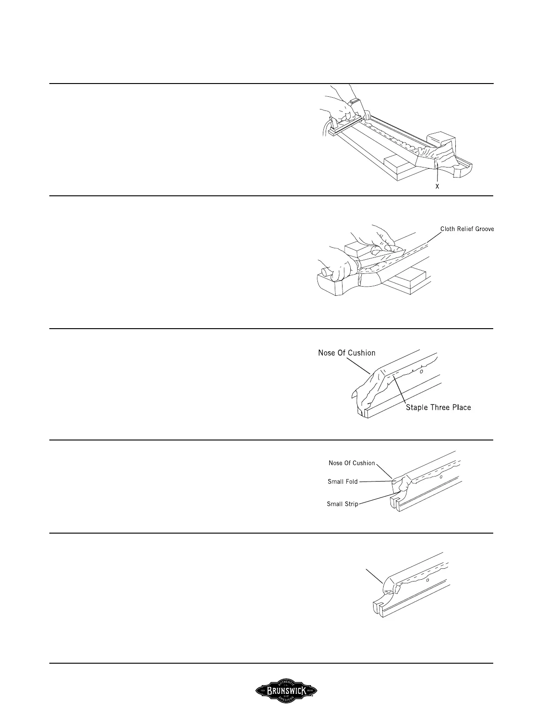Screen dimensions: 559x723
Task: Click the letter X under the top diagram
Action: point(437,187)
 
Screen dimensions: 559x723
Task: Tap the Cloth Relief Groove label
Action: point(467,229)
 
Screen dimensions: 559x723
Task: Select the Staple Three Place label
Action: point(438,407)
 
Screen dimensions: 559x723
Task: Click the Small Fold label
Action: point(343,481)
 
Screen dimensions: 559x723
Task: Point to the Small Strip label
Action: point(343,504)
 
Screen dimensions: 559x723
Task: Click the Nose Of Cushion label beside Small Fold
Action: point(352,463)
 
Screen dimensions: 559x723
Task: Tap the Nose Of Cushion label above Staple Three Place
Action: point(347,353)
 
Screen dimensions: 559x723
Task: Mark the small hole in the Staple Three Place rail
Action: point(421,372)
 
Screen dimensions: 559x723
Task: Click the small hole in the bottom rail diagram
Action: point(427,581)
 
